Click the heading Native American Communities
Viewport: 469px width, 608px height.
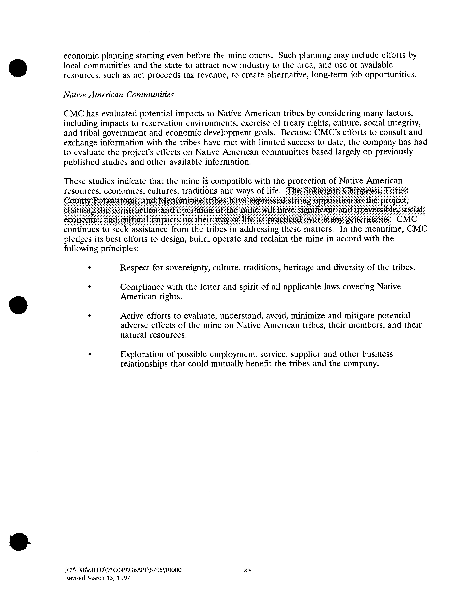[x=119, y=95]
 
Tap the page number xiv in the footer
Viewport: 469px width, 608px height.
[x=248, y=570]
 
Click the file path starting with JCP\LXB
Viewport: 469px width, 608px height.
[x=123, y=570]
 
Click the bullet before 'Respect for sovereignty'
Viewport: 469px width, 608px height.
[x=89, y=268]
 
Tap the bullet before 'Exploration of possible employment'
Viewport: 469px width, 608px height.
[x=89, y=354]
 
